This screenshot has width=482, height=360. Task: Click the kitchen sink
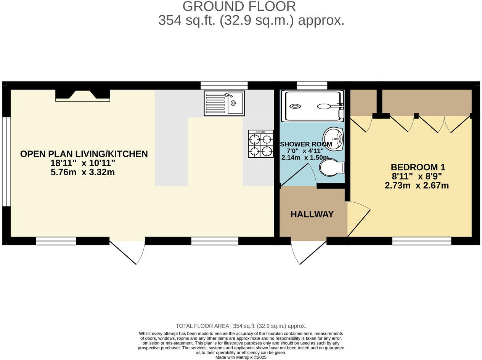[224, 103]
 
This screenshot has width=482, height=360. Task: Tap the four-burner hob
[261, 144]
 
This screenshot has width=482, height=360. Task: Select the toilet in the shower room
[331, 168]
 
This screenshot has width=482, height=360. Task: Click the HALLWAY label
[312, 214]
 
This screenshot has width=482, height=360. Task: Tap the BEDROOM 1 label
[418, 167]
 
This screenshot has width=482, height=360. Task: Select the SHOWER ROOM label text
[306, 144]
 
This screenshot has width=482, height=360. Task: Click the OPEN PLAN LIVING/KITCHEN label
[84, 154]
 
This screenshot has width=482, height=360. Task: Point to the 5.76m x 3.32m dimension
[82, 172]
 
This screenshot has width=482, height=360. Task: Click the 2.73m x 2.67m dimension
[416, 186]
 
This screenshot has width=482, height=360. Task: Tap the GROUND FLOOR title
[239, 6]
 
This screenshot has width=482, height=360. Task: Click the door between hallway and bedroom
[359, 219]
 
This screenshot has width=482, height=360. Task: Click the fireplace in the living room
[82, 95]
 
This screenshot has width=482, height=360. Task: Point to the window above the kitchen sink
[224, 85]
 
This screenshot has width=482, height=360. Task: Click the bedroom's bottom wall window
[421, 241]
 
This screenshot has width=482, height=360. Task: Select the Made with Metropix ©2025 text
[241, 357]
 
